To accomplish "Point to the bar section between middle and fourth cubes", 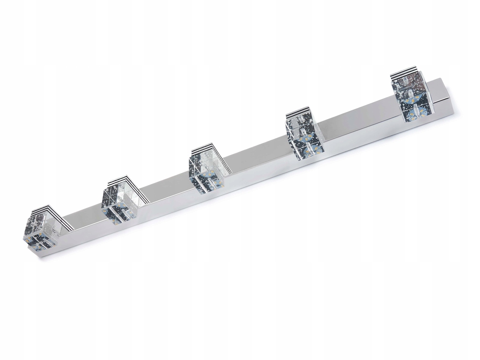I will point(255,157).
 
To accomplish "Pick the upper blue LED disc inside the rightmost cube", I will point(413,100).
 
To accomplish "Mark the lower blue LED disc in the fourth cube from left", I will point(309,150).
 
